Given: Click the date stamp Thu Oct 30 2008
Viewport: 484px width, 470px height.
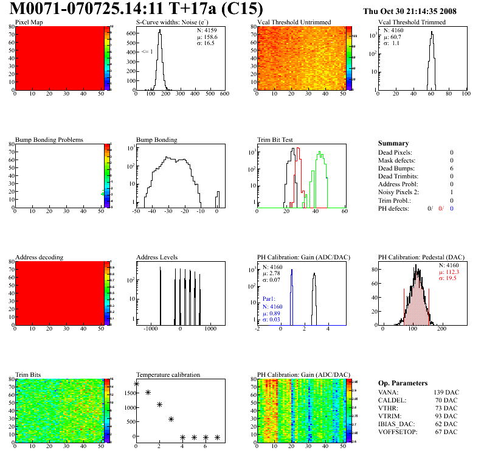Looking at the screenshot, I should (418, 11).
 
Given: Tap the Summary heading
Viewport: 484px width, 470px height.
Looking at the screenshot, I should (393, 143).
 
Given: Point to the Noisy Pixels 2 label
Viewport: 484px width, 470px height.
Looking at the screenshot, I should (403, 192).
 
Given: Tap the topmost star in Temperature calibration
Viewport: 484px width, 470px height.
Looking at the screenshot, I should (136, 384).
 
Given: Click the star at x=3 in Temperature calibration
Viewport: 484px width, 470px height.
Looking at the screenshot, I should (171, 419).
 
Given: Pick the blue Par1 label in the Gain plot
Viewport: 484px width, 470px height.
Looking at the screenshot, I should (269, 300).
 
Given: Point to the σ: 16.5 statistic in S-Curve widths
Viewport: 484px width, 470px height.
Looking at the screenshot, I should (205, 43).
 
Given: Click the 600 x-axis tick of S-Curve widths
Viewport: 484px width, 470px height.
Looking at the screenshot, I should (224, 94).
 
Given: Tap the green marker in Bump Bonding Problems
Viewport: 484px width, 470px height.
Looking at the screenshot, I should (103, 194).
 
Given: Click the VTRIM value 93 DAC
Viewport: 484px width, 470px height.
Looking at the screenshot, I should (447, 416).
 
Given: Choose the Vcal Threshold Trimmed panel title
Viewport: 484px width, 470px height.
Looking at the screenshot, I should (412, 23).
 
